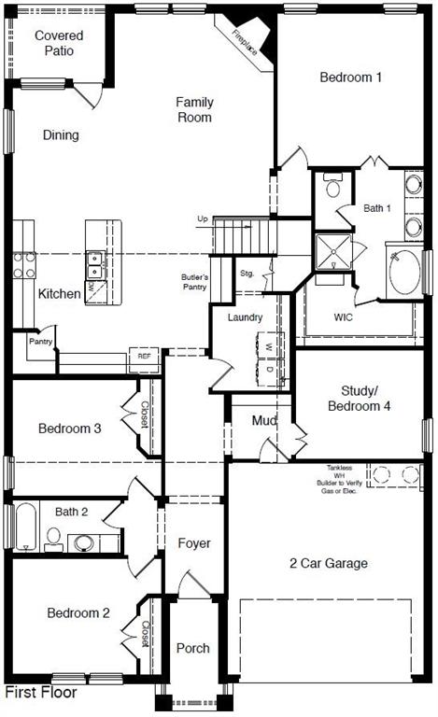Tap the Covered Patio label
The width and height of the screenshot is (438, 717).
point(59,43)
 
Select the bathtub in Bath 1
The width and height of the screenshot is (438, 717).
point(404,270)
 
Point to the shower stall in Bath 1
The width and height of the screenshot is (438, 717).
point(332,251)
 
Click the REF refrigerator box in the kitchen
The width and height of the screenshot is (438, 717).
point(144,356)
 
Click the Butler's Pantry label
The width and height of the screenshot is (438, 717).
point(194,283)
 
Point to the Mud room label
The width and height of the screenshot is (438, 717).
point(264,421)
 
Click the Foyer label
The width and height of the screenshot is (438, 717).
point(193,543)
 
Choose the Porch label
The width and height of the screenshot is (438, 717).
point(193,648)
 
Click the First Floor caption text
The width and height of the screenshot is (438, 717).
point(41,693)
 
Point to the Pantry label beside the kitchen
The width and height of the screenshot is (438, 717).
point(40,342)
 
